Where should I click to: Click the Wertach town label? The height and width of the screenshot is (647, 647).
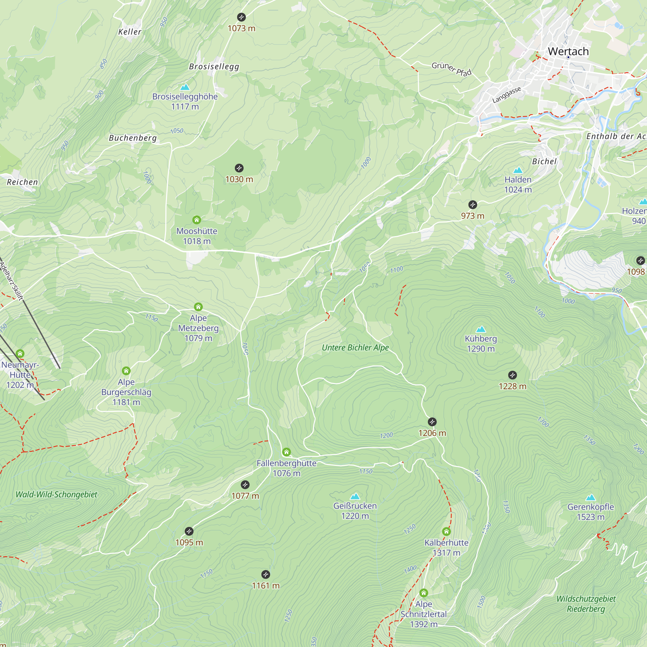click(568, 51)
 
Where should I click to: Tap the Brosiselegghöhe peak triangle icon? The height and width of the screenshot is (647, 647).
click(185, 87)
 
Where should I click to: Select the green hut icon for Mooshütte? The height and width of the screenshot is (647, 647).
click(197, 220)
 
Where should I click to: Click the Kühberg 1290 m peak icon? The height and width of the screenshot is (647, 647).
click(481, 329)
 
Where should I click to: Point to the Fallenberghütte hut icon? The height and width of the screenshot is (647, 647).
click(286, 452)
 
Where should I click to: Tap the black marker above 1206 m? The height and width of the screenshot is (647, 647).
click(432, 422)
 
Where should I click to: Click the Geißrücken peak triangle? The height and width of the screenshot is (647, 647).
click(355, 496)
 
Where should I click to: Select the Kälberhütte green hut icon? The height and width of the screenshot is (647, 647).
click(446, 532)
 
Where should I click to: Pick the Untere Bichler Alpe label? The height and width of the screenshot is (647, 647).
click(355, 348)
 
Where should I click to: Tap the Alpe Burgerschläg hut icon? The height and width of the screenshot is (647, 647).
click(126, 371)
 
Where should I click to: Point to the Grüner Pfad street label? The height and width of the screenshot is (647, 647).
click(451, 69)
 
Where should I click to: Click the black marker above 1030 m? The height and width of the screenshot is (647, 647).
click(239, 168)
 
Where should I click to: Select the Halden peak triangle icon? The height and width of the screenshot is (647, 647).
click(518, 170)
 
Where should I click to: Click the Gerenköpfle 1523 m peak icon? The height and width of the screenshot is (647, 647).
click(590, 497)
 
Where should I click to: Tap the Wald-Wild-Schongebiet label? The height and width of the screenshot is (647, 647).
click(56, 495)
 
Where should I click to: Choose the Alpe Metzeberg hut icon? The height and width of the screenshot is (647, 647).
click(198, 307)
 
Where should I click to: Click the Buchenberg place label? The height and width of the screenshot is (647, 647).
click(133, 138)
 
